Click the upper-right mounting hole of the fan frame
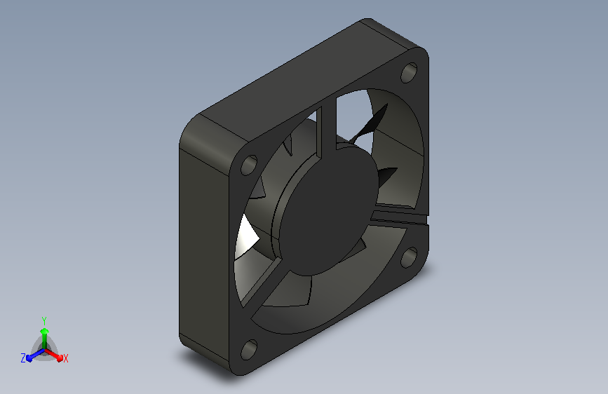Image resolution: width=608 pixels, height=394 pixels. (x=409, y=72)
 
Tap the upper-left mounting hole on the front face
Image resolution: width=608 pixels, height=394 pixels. (x=249, y=165)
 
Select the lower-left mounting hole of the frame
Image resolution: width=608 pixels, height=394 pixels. (x=249, y=349)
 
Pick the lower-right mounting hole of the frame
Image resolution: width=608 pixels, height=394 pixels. (x=409, y=257)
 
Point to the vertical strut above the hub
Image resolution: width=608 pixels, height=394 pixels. (x=327, y=130)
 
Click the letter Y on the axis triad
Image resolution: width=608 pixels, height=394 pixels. (x=44, y=320)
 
